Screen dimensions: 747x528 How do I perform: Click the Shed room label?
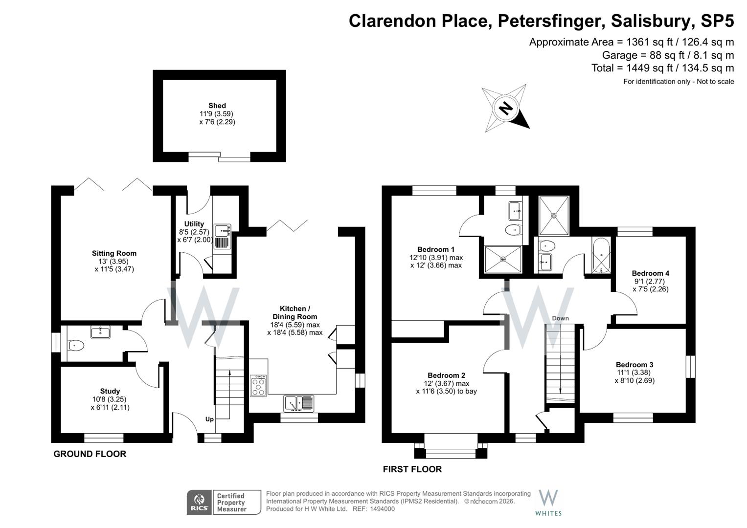(x=217, y=106)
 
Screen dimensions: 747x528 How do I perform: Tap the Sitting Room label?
(x=114, y=253)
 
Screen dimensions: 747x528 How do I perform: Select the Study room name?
(x=110, y=391)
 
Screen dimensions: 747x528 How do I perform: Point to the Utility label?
(x=194, y=224)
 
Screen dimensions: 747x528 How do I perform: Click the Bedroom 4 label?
(x=650, y=273)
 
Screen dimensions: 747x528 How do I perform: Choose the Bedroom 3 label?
(x=634, y=365)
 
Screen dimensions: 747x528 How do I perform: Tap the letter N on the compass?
(x=506, y=108)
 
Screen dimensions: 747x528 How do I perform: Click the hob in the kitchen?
(x=258, y=386)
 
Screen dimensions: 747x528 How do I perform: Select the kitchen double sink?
(x=299, y=403)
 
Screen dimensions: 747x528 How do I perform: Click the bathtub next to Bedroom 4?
(x=601, y=256)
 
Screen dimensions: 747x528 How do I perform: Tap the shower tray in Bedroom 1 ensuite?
(x=503, y=259)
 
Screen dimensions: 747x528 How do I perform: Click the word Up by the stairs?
(x=209, y=419)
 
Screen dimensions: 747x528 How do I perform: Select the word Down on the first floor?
(x=560, y=318)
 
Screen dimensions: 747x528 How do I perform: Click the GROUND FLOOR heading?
(x=90, y=454)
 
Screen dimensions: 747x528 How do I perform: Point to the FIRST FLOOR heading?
(x=412, y=469)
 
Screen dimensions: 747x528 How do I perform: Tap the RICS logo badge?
(x=199, y=502)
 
